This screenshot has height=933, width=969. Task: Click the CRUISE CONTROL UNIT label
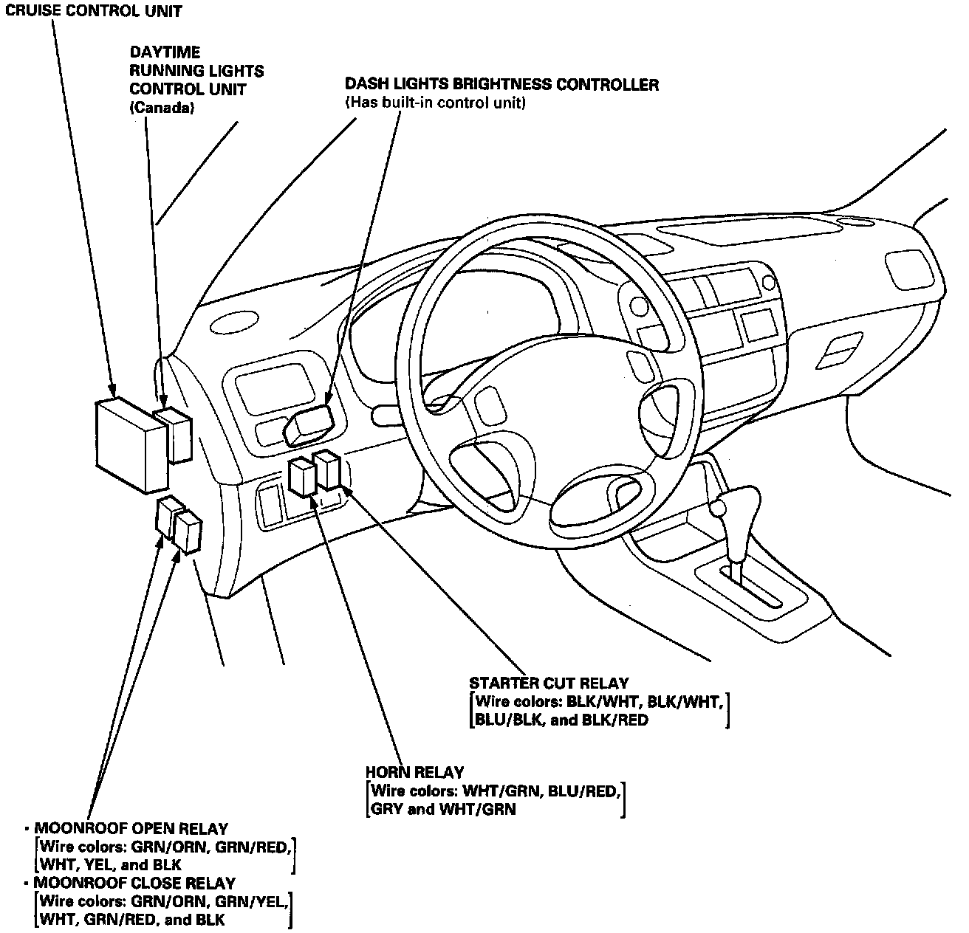coord(93,11)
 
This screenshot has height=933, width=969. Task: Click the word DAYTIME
coord(165,52)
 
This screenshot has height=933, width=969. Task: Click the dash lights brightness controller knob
coord(310,424)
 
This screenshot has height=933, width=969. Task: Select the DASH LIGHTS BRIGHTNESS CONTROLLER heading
coord(501,85)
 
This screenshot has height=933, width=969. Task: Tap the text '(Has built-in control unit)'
coord(435,103)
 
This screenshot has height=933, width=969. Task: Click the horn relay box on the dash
coord(303,477)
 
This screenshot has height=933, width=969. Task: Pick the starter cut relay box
coord(327,471)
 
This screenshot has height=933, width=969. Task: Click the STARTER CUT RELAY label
coord(549,684)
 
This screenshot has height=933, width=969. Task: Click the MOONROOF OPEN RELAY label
coord(131,829)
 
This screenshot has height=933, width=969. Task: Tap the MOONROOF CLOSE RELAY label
coord(134,883)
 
